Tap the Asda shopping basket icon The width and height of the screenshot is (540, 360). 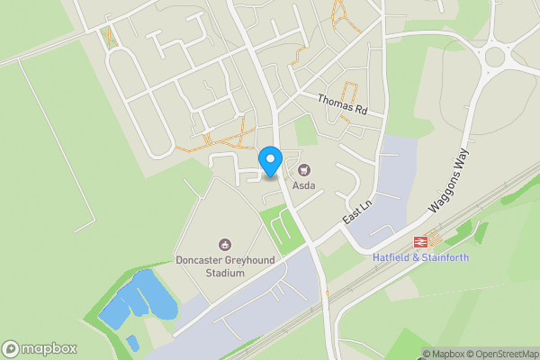tap(303, 168)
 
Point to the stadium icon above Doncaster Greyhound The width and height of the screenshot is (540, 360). tap(224, 244)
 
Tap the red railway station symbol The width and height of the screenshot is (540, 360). tap(420, 241)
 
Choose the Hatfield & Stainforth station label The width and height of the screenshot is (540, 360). tap(420, 257)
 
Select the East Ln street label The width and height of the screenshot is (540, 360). tap(357, 212)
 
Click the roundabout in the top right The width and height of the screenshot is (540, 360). tap(496, 58)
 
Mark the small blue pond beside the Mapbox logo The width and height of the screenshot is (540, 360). tap(132, 342)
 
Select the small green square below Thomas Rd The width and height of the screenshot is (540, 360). tap(307, 131)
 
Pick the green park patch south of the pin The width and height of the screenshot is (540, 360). tap(281, 228)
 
